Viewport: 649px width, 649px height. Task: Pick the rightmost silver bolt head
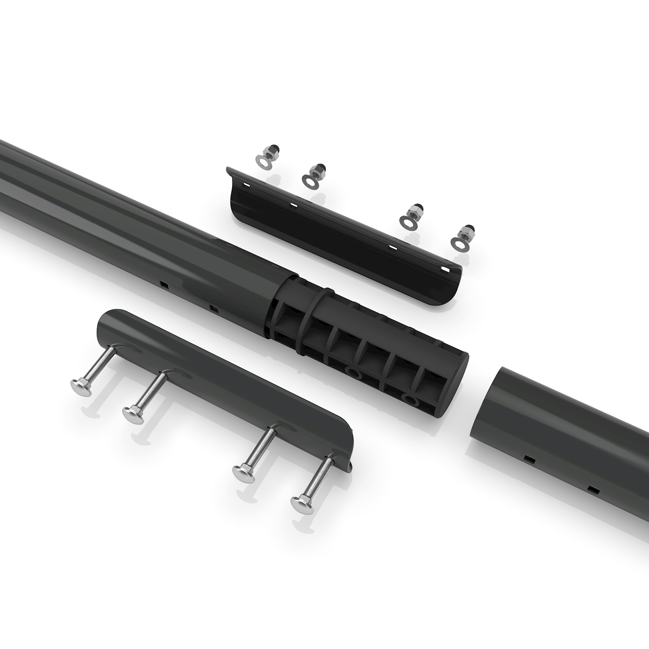pyautogui.click(x=299, y=503)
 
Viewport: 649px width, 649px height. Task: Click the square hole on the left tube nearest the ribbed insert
pyautogui.click(x=213, y=308)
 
